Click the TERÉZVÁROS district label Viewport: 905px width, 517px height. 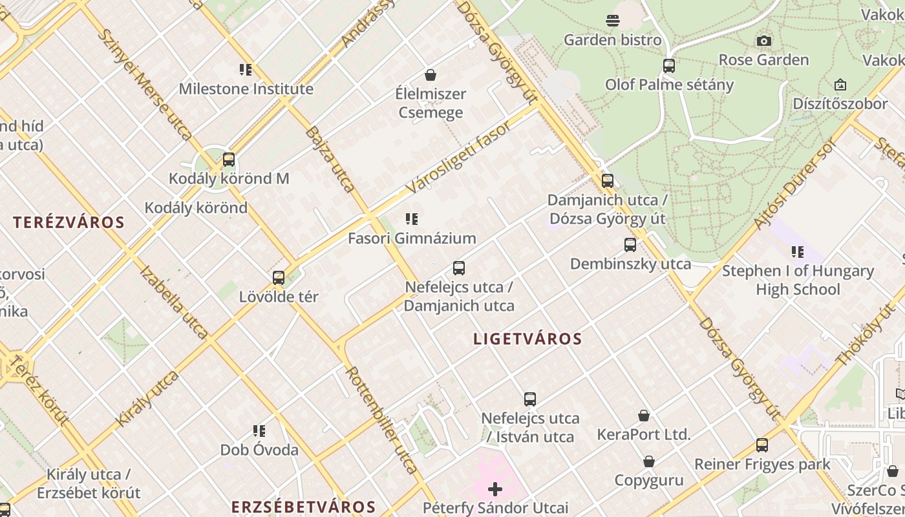(69, 222)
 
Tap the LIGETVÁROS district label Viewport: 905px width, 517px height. (527, 339)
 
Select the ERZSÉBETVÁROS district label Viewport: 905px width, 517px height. (303, 507)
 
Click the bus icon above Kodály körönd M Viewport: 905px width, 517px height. (228, 160)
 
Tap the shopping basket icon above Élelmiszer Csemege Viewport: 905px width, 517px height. (431, 75)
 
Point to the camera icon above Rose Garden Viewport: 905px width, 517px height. (763, 41)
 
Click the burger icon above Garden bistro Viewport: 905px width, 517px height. (612, 21)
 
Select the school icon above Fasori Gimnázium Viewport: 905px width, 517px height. (412, 219)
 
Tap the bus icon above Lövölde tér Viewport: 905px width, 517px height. (279, 278)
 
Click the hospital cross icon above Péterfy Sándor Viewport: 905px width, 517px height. (495, 489)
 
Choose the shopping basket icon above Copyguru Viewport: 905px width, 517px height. (648, 461)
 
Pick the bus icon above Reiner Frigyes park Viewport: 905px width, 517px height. (762, 445)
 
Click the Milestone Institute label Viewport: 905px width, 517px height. (246, 89)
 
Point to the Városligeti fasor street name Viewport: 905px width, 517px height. (459, 156)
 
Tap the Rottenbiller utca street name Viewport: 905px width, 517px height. (381, 420)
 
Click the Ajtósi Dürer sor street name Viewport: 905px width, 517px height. (794, 185)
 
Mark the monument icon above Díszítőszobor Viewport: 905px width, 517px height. (840, 85)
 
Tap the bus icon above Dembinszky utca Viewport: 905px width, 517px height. (630, 245)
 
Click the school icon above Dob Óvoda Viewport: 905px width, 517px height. (259, 431)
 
